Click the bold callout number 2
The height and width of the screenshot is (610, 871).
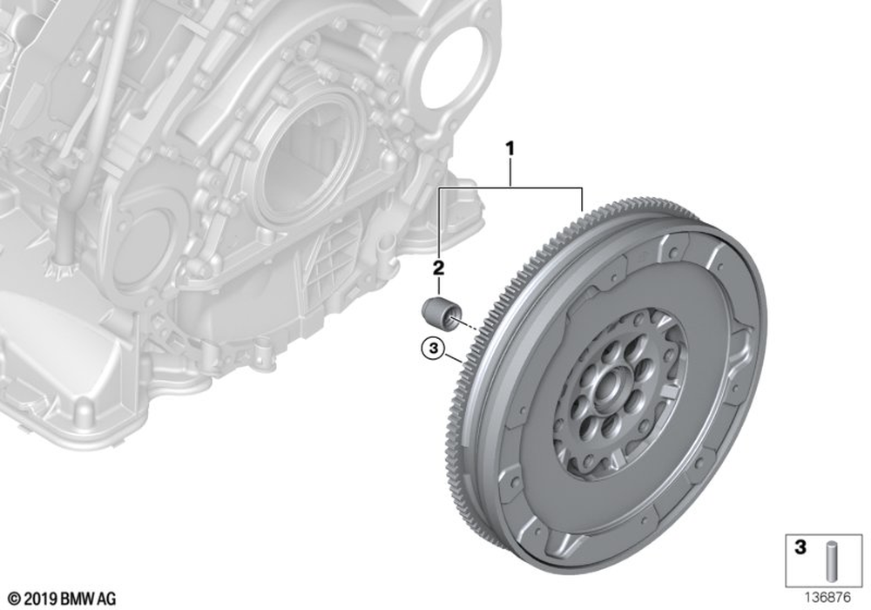438,268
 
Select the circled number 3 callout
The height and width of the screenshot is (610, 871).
433,349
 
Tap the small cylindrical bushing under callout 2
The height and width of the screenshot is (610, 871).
441,314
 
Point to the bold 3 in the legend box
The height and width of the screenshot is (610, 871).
800,547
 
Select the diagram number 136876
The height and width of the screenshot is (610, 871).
827,598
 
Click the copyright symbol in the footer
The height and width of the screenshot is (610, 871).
15,599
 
